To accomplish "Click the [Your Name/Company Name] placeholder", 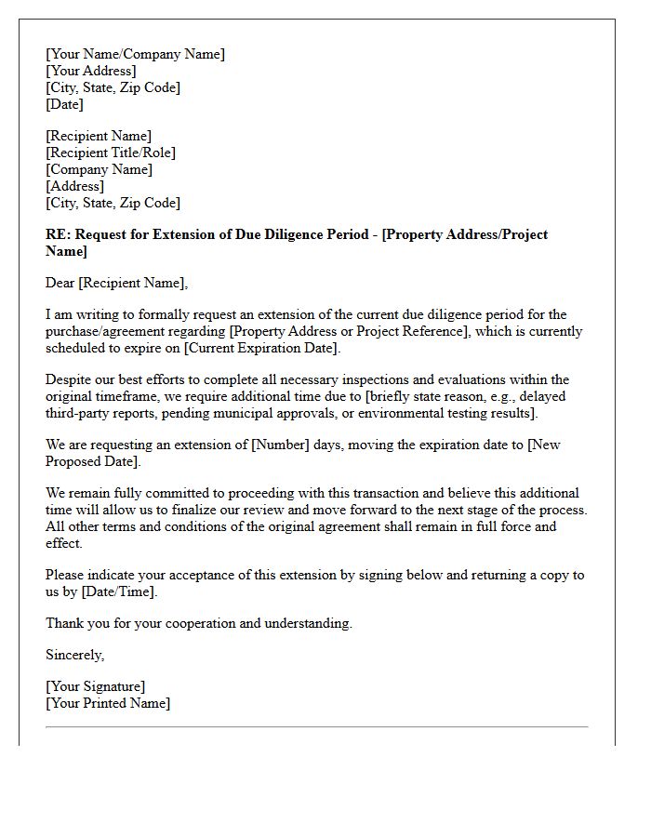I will pyautogui.click(x=135, y=54).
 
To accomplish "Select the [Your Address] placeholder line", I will pyautogui.click(x=90, y=71).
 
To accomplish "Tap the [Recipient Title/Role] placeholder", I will pyautogui.click(x=110, y=153).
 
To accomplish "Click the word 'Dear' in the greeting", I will pyautogui.click(x=60, y=283).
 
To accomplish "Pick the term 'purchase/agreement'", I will pyautogui.click(x=102, y=331).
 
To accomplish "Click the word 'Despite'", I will pyautogui.click(x=68, y=379).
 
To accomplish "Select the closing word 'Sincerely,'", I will pyautogui.click(x=74, y=655).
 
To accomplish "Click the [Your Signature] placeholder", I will pyautogui.click(x=95, y=686).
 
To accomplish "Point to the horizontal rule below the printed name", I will pyautogui.click(x=316, y=726).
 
